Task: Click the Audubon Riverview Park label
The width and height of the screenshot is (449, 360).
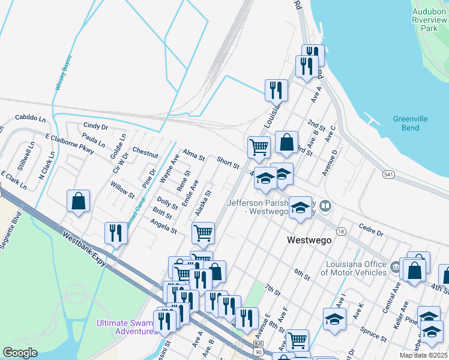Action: [x=429, y=20]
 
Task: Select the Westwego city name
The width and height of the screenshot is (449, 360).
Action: [x=309, y=240]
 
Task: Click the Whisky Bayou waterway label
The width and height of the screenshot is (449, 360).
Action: [x=64, y=73]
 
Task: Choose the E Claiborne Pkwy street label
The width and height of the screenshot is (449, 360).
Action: [x=70, y=144]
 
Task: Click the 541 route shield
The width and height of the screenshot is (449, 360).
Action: [x=388, y=173]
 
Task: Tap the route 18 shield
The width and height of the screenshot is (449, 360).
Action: [x=342, y=232]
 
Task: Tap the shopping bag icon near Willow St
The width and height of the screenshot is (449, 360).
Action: [x=79, y=200]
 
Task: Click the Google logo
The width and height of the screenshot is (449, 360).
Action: [x=20, y=353]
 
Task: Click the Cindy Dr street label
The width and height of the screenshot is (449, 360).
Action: [x=95, y=127]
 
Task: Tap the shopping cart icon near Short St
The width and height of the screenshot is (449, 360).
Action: [x=259, y=146]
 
